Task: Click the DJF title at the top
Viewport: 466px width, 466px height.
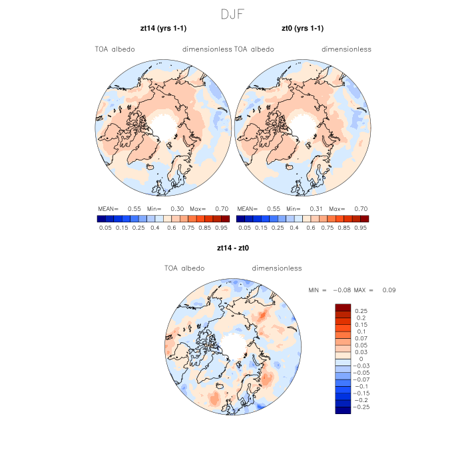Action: click(232, 13)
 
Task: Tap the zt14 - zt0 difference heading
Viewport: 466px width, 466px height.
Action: click(232, 248)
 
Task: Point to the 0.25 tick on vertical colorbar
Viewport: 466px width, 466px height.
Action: click(361, 311)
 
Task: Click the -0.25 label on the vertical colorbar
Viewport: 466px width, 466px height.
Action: click(363, 406)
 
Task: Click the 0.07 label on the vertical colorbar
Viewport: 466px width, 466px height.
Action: click(361, 339)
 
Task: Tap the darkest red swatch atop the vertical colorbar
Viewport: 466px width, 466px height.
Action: click(343, 307)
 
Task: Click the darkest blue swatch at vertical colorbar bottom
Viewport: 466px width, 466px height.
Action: click(343, 410)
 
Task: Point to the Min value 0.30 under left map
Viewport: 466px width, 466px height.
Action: click(177, 208)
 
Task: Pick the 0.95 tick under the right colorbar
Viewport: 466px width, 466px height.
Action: click(361, 228)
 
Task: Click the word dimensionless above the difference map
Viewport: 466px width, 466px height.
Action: click(277, 268)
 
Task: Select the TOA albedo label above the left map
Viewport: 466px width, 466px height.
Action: click(115, 49)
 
